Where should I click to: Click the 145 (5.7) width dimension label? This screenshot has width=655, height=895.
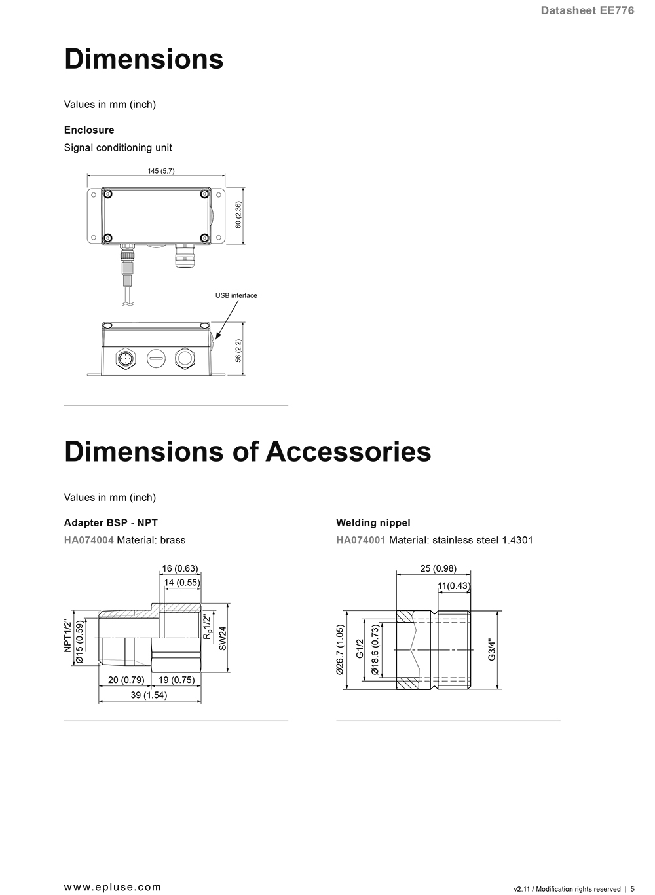click(x=160, y=171)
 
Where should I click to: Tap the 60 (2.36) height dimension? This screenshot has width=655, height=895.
click(x=238, y=215)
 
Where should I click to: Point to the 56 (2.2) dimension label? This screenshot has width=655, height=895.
click(x=238, y=350)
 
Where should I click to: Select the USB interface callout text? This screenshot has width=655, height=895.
click(x=236, y=295)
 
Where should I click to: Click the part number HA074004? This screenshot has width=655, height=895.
click(x=88, y=540)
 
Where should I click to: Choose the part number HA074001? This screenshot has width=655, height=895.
click(x=361, y=540)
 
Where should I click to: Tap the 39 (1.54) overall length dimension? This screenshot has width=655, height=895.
click(x=149, y=695)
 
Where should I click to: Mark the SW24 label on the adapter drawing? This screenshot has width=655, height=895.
click(x=223, y=638)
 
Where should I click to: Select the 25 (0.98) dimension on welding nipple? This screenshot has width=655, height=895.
click(x=438, y=568)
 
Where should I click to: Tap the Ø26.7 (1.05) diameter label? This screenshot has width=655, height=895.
click(x=340, y=649)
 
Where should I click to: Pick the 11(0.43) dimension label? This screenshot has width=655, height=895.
click(x=454, y=586)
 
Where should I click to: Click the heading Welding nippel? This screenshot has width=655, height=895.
click(x=373, y=522)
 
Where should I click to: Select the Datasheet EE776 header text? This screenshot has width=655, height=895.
click(x=587, y=10)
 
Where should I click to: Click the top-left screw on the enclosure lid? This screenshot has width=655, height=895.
click(x=107, y=194)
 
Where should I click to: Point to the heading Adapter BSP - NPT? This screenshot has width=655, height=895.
click(x=111, y=522)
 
